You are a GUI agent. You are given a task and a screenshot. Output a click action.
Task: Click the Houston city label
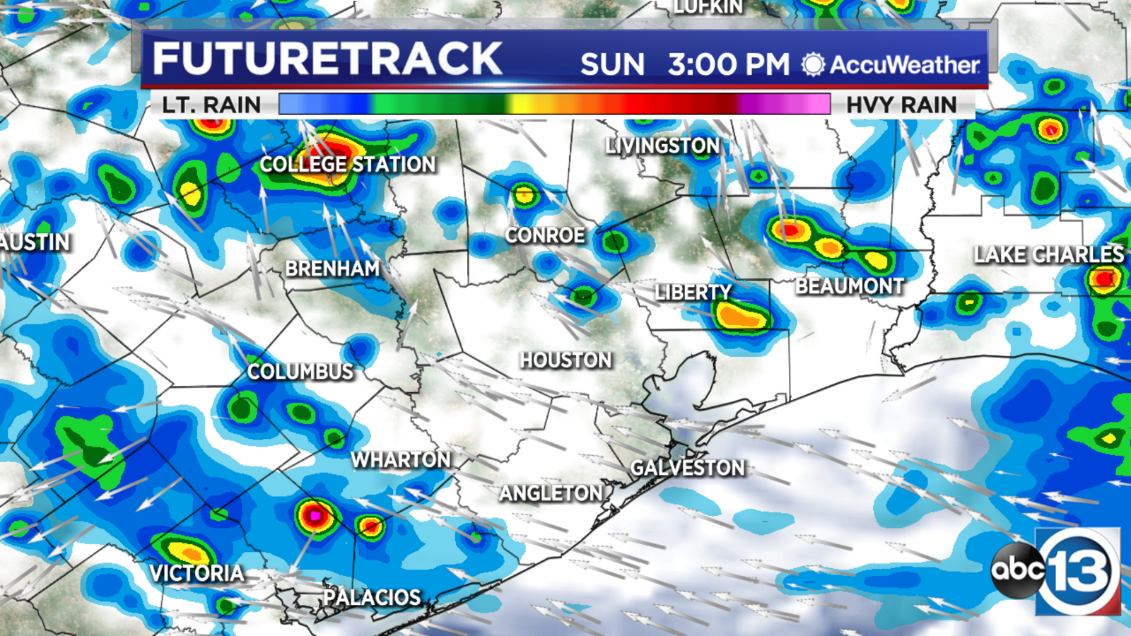pyautogui.click(x=565, y=360)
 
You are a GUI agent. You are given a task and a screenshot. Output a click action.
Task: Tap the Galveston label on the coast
pyautogui.click(x=688, y=468)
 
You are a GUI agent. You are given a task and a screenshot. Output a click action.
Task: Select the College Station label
pyautogui.click(x=348, y=165)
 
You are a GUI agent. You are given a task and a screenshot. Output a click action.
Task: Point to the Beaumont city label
pyautogui.click(x=850, y=286)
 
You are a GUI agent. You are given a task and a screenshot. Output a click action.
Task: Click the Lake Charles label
pyautogui.click(x=1048, y=254)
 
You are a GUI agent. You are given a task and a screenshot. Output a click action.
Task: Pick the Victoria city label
pyautogui.click(x=197, y=573)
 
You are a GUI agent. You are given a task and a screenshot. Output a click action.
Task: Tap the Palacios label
pyautogui.click(x=372, y=598)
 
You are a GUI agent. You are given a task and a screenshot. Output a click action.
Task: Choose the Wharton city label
pyautogui.click(x=401, y=460)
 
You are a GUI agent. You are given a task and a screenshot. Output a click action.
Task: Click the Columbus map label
pyautogui.click(x=300, y=372)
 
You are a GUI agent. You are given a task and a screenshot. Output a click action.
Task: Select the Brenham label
pyautogui.click(x=332, y=269)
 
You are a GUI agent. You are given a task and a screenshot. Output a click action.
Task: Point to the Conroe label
pyautogui.click(x=545, y=235)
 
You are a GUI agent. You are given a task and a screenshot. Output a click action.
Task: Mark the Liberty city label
pyautogui.click(x=693, y=293)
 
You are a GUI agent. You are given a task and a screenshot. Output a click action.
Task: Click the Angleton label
pyautogui.click(x=551, y=493)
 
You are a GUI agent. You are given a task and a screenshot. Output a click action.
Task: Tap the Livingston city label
pyautogui.click(x=662, y=146)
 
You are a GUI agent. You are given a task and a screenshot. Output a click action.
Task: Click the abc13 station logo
pyautogui.click(x=1057, y=570)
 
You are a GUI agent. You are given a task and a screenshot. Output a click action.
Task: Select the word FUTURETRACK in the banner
pyautogui.click(x=327, y=59)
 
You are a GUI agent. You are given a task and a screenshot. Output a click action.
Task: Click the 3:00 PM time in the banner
pyautogui.click(x=728, y=65)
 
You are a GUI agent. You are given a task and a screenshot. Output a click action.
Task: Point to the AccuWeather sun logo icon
pyautogui.click(x=813, y=65)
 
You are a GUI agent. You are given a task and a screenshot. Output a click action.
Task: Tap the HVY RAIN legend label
pyautogui.click(x=901, y=105)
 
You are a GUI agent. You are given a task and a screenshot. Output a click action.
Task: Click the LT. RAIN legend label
pyautogui.click(x=211, y=105)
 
